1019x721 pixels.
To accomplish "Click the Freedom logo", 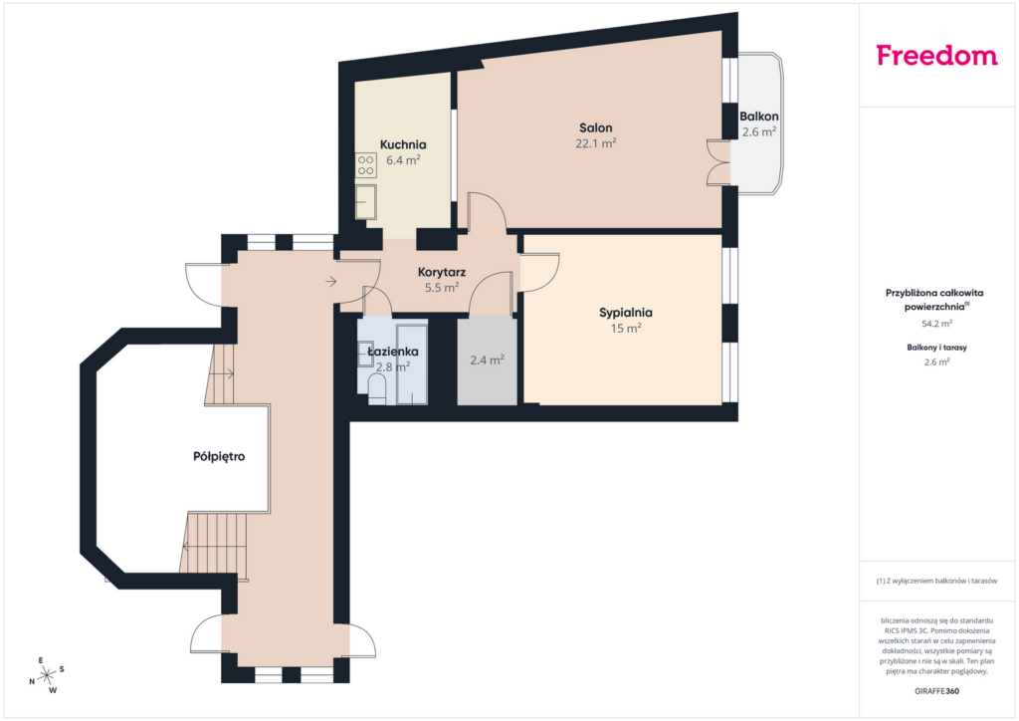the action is [x=936, y=55].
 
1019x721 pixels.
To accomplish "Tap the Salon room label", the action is [x=596, y=128].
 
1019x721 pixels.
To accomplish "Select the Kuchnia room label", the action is [x=403, y=144].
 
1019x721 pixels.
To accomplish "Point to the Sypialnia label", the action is [x=626, y=313].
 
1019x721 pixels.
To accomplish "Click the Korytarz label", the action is [x=442, y=272].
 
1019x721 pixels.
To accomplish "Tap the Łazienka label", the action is [x=392, y=352].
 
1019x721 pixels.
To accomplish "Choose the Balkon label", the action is [x=759, y=117].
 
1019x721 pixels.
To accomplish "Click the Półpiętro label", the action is [x=219, y=456].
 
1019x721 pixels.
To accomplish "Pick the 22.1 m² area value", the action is [x=596, y=143].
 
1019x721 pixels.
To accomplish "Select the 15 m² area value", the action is [x=626, y=329].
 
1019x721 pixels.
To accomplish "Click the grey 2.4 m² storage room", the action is [x=488, y=360].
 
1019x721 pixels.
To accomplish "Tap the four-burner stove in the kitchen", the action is [x=366, y=165].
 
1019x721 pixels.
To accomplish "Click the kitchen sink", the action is [x=366, y=201].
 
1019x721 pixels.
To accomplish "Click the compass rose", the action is [x=47, y=675].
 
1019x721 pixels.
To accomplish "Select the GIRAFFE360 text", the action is [x=936, y=691].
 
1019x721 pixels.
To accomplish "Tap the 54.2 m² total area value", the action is [x=937, y=323].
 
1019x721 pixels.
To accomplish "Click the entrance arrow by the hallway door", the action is [x=330, y=282].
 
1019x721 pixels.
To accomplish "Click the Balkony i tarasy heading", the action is [x=937, y=348].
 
